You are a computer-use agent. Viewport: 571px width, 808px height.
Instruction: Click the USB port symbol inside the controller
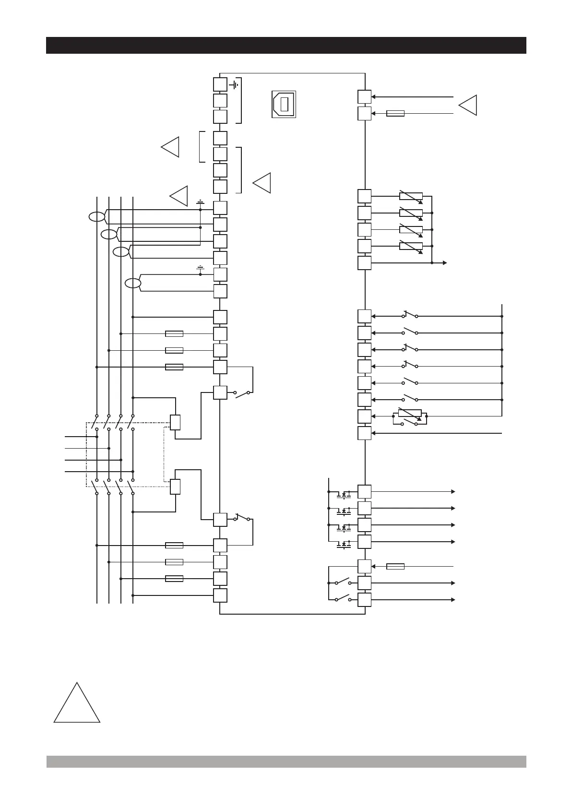pos(284,104)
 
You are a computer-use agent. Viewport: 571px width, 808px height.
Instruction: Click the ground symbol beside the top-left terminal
pos(234,85)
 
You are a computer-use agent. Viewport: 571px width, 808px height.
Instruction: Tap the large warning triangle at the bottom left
pos(77,703)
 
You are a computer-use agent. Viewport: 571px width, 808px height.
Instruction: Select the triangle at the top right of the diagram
pos(469,105)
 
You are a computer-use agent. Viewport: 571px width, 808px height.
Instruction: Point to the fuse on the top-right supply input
pos(395,113)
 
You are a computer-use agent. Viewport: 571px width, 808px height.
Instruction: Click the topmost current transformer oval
pos(96,217)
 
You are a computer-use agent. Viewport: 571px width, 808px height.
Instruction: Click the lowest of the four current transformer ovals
pos(133,284)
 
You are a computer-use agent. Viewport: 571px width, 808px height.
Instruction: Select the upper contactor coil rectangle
pos(175,422)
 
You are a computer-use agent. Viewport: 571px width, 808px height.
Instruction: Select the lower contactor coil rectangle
pos(175,487)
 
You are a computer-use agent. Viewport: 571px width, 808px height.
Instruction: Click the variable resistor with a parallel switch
pos(410,416)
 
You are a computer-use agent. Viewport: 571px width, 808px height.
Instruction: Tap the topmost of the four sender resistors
pos(411,196)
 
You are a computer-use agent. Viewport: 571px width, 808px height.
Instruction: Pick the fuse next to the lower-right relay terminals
pos(395,566)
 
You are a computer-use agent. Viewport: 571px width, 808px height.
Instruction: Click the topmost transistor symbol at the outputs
pos(344,493)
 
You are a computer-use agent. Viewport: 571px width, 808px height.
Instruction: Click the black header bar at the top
pos(286,45)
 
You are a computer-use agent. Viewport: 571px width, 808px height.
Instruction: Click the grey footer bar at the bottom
pos(286,761)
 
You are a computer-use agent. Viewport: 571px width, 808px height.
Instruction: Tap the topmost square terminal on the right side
pos(364,96)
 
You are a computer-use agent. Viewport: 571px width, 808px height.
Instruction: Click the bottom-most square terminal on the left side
pos(220,595)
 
